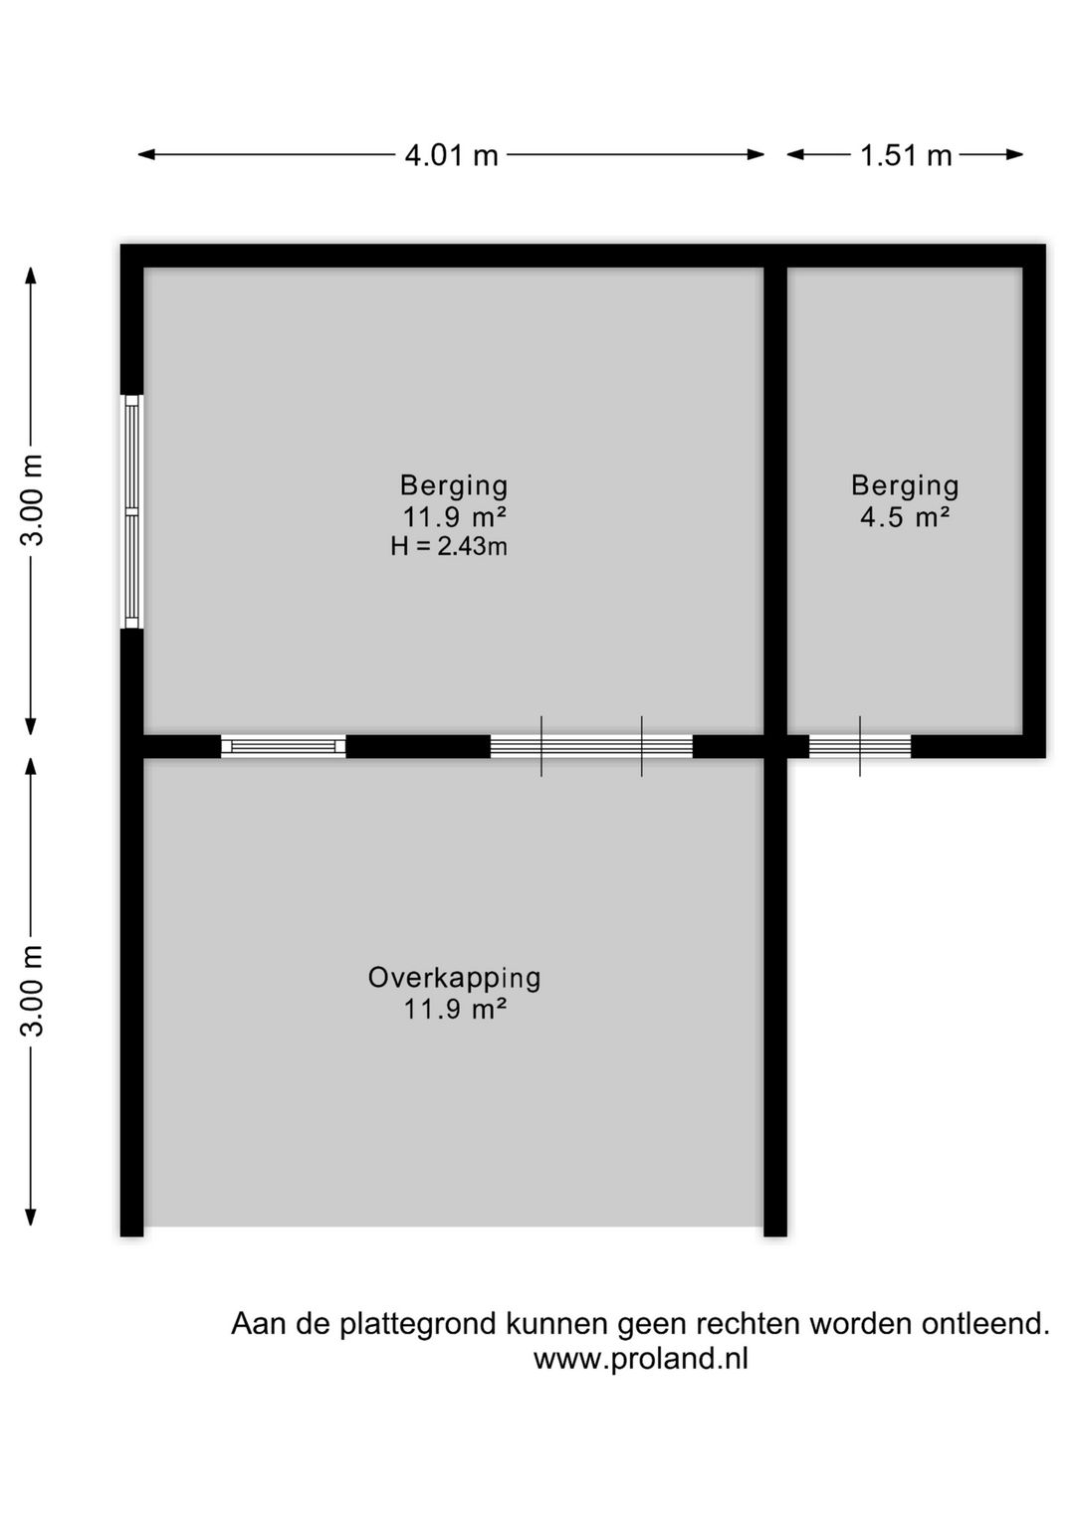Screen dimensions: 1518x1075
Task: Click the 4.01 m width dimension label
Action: (451, 156)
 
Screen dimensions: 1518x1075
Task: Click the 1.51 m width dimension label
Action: (906, 156)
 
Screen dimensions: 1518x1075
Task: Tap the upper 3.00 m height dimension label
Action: (33, 499)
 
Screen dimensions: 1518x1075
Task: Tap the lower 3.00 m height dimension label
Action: (33, 991)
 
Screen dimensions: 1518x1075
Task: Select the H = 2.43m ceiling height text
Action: (450, 546)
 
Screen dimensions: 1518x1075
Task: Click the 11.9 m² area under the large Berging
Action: (455, 516)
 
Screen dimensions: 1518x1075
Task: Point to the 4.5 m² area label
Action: (905, 516)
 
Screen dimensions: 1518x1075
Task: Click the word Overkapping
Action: (454, 978)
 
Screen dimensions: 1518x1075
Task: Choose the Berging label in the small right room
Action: (905, 485)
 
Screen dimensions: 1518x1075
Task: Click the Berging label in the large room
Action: (454, 485)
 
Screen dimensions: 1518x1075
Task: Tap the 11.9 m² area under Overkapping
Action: (455, 1009)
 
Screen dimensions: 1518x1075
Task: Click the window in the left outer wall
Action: (131, 511)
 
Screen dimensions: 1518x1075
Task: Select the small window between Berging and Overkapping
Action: (283, 746)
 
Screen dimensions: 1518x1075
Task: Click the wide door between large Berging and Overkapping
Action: (591, 746)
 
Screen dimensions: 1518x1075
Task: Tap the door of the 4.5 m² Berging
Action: (860, 746)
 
